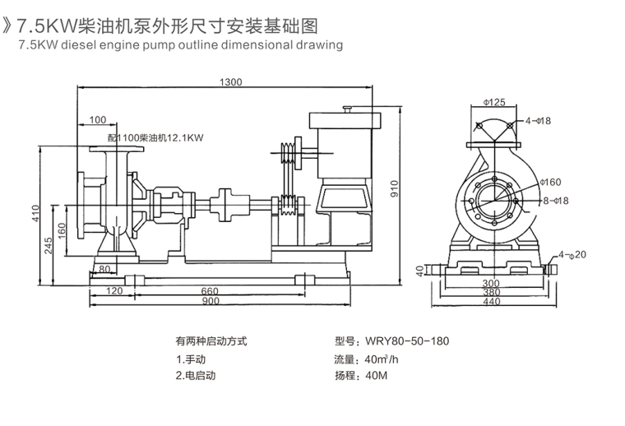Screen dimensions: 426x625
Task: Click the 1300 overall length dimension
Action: click(232, 81)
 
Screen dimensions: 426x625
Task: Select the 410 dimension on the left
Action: click(35, 213)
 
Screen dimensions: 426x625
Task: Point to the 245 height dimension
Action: click(49, 244)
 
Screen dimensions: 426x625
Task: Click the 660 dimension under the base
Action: click(210, 291)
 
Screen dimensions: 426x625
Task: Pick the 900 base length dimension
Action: click(210, 302)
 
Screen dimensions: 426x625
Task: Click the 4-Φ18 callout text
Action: click(539, 121)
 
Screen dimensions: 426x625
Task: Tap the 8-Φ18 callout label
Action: click(555, 200)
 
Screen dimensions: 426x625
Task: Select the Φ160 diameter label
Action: click(550, 182)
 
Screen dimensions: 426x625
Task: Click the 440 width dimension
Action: click(491, 302)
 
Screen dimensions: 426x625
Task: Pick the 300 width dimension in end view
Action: click(491, 282)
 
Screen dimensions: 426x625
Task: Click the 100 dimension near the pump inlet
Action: click(99, 120)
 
